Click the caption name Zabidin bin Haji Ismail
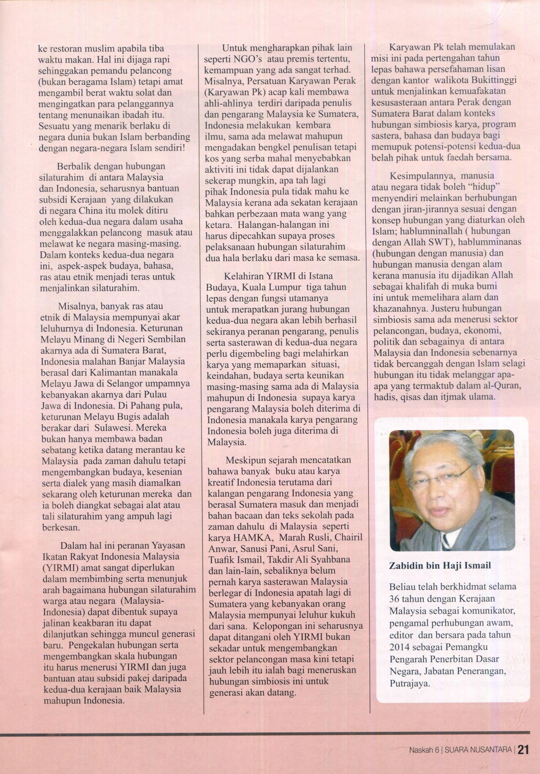pyautogui.click(x=440, y=565)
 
